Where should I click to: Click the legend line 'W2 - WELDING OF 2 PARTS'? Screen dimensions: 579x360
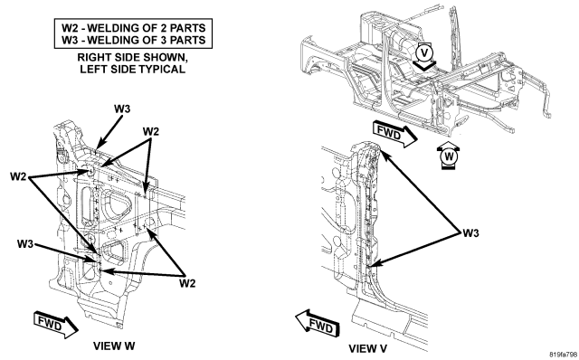pyautogui.click(x=133, y=28)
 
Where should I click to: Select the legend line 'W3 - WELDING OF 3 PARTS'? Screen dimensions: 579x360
pyautogui.click(x=133, y=40)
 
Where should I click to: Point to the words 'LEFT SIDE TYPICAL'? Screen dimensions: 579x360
pyautogui.click(x=133, y=69)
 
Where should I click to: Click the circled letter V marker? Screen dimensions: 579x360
pyautogui.click(x=424, y=52)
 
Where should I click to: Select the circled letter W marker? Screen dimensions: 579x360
pyautogui.click(x=449, y=156)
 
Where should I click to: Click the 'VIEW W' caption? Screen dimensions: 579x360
pyautogui.click(x=114, y=346)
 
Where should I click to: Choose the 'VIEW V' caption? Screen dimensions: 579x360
pyautogui.click(x=368, y=348)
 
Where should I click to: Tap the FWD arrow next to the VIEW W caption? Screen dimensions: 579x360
pyautogui.click(x=56, y=325)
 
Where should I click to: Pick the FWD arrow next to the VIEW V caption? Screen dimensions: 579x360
pyautogui.click(x=318, y=323)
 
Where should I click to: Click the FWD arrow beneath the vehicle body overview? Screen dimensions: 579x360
pyautogui.click(x=394, y=134)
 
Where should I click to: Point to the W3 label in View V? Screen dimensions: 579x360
pyautogui.click(x=470, y=233)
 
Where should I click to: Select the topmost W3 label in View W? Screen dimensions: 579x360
pyautogui.click(x=122, y=109)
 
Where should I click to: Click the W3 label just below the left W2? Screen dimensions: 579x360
pyautogui.click(x=25, y=243)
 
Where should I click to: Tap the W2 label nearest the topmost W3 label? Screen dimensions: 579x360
pyautogui.click(x=151, y=131)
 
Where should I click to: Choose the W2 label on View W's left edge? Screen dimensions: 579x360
pyautogui.click(x=18, y=176)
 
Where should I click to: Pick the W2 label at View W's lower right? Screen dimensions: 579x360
pyautogui.click(x=187, y=284)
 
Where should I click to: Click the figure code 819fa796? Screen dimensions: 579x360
pyautogui.click(x=563, y=355)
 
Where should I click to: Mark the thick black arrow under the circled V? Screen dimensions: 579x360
pyautogui.click(x=424, y=65)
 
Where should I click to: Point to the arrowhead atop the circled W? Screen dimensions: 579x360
pyautogui.click(x=449, y=145)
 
